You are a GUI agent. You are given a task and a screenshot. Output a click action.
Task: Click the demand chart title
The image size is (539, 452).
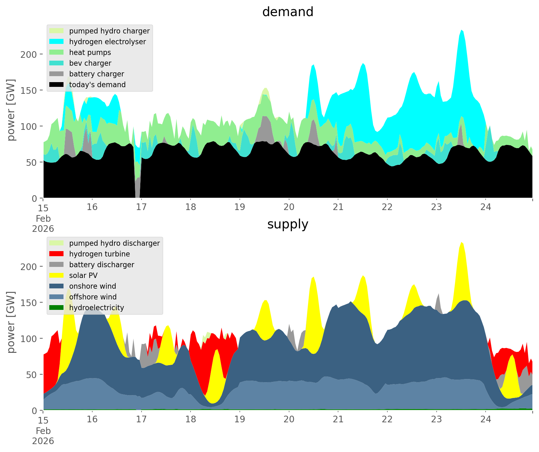pyautogui.click(x=288, y=12)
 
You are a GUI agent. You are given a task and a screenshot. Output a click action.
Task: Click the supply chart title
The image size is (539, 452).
pyautogui.click(x=288, y=224)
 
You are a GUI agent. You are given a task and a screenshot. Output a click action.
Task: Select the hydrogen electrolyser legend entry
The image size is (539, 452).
pyautogui.click(x=107, y=42)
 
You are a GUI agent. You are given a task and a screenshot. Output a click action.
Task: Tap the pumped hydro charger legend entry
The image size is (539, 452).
pyautogui.click(x=109, y=31)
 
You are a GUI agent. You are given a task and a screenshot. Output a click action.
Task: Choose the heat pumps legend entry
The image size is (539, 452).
pyautogui.click(x=90, y=52)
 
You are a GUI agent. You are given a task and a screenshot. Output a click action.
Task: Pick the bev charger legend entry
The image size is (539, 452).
pyautogui.click(x=90, y=63)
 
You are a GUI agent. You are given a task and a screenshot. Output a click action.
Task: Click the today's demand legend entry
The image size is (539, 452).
pyautogui.click(x=97, y=85)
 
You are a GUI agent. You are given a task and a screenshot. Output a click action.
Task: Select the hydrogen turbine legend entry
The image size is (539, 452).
pyautogui.click(x=99, y=254)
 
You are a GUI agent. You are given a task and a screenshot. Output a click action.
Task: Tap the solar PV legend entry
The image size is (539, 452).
pyautogui.click(x=83, y=275)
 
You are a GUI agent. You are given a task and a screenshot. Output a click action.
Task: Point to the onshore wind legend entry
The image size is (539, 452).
pyautogui.click(x=92, y=286)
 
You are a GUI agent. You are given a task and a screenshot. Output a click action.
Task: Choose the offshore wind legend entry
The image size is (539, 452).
pyautogui.click(x=93, y=297)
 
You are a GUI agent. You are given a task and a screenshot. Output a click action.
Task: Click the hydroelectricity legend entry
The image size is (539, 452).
pyautogui.click(x=96, y=308)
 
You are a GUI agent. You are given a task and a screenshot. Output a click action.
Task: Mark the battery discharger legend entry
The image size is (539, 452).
pyautogui.click(x=101, y=265)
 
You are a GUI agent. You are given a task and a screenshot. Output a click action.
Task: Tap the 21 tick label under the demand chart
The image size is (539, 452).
pyautogui.click(x=338, y=207)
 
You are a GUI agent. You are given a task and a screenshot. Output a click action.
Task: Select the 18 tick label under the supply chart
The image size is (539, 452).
pyautogui.click(x=191, y=419)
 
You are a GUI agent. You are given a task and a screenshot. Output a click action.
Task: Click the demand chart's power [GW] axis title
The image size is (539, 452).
pyautogui.click(x=11, y=110)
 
